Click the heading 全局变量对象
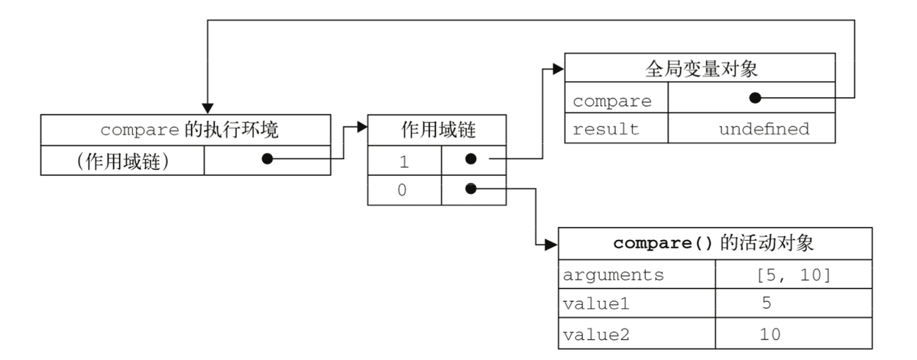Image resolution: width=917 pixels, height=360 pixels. pos(702,68)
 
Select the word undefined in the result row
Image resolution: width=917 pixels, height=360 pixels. pos(764,129)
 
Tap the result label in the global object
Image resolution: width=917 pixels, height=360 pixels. pos(606,129)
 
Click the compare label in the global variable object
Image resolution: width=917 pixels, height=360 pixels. pos(612,101)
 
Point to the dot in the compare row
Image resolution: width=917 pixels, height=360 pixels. pos(755,98)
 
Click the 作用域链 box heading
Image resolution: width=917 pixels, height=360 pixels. pos(438,130)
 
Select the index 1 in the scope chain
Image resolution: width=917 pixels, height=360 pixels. pos(404,162)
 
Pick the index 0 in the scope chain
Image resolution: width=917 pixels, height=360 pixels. pos(402,190)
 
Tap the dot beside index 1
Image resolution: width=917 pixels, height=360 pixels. pos(471,159)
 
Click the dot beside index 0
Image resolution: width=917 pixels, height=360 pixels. pos(471,188)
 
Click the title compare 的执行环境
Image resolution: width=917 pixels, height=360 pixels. pos(190,130)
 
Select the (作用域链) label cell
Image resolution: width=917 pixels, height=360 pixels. pos(123,161)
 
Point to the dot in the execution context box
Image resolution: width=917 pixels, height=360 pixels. pos(267,159)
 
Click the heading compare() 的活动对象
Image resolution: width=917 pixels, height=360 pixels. pos(714,243)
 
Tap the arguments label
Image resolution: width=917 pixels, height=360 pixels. pos(613,275)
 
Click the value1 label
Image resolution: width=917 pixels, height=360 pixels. pos(595,304)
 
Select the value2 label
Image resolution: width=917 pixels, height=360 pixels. pos(596,335)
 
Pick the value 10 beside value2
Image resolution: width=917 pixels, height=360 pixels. pos(770,335)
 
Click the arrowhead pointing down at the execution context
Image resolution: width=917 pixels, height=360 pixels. pos(208,109)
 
